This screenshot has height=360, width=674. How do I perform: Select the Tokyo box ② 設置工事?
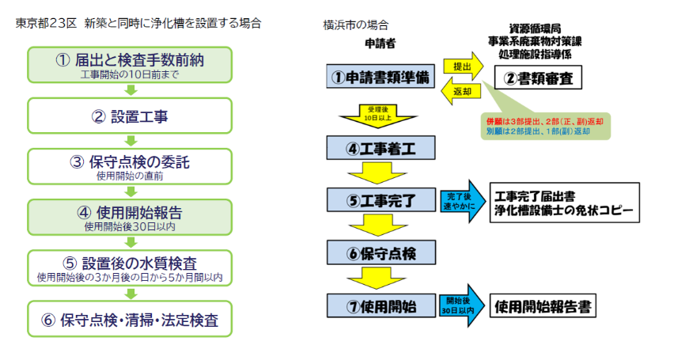[131, 116]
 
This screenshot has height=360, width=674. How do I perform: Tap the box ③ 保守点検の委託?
[131, 166]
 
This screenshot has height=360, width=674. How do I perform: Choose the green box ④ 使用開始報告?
[131, 216]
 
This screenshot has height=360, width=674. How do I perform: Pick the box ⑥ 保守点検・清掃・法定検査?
[131, 319]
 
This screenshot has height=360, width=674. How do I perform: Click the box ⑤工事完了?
[381, 199]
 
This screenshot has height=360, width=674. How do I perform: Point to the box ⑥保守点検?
[381, 252]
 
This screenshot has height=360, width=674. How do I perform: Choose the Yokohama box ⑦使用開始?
[381, 305]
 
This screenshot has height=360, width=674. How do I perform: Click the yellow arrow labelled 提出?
[462, 67]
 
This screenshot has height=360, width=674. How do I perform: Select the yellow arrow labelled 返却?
[462, 91]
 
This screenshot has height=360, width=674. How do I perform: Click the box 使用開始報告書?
[545, 305]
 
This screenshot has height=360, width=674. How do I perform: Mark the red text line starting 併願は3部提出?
[543, 122]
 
